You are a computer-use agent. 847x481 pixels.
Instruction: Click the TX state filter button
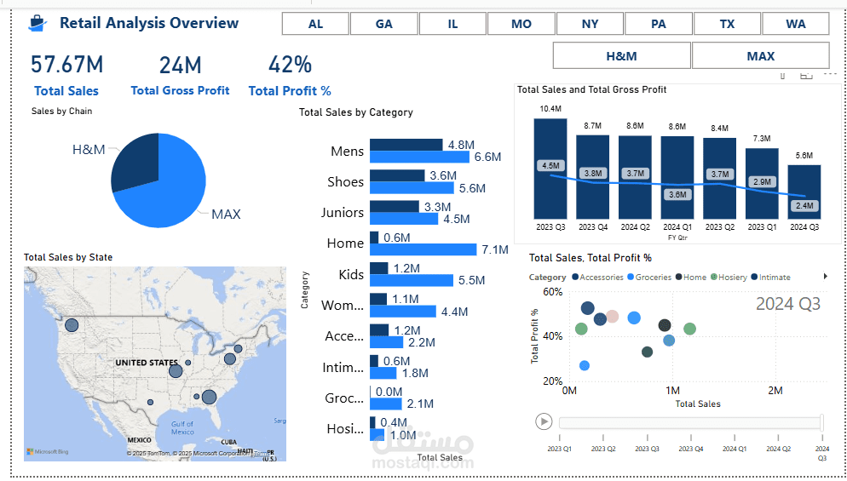pyautogui.click(x=727, y=24)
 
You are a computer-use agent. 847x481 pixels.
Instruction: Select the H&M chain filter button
pyautogui.click(x=621, y=56)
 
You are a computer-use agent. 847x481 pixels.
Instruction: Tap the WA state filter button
pyautogui.click(x=796, y=24)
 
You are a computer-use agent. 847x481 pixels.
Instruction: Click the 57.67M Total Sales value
pyautogui.click(x=66, y=65)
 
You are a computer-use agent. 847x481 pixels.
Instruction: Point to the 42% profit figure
pyautogui.click(x=290, y=65)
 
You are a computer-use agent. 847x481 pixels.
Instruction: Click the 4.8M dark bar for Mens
pyautogui.click(x=406, y=145)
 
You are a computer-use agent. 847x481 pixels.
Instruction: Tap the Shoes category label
pyautogui.click(x=345, y=182)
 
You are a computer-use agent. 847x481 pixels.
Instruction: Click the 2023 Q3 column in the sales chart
pyautogui.click(x=550, y=169)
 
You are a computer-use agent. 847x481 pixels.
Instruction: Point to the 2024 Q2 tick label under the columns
pyautogui.click(x=635, y=227)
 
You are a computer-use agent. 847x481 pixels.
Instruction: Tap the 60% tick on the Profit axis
pyautogui.click(x=552, y=292)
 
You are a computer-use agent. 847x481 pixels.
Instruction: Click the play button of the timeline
pyautogui.click(x=543, y=421)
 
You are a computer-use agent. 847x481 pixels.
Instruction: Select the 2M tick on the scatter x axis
pyautogui.click(x=775, y=391)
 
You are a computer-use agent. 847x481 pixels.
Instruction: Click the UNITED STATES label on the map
pyautogui.click(x=147, y=363)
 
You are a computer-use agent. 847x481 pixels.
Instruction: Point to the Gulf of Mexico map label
pyautogui.click(x=181, y=427)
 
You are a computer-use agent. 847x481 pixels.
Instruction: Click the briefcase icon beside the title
pyautogui.click(x=37, y=24)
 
